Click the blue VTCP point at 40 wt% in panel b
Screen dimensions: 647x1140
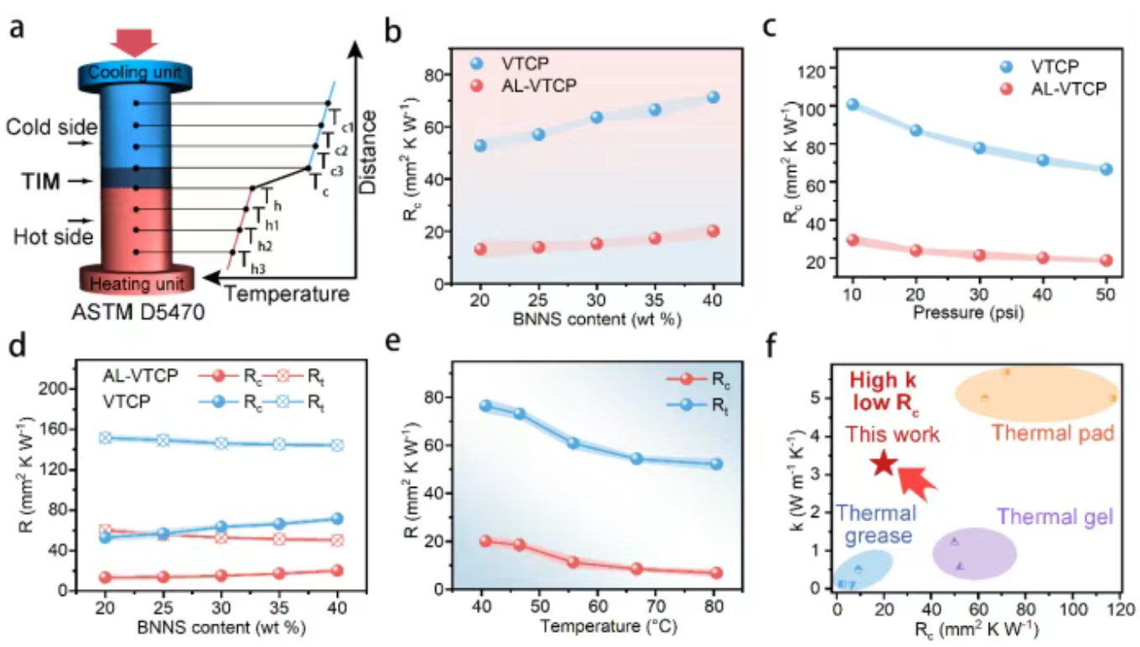click(x=713, y=97)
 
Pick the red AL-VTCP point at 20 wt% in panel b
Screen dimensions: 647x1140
click(x=480, y=249)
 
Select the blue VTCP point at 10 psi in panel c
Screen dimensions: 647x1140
click(x=852, y=105)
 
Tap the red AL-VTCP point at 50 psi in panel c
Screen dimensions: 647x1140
click(x=1106, y=260)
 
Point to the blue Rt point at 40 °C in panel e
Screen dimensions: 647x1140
click(x=486, y=406)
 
